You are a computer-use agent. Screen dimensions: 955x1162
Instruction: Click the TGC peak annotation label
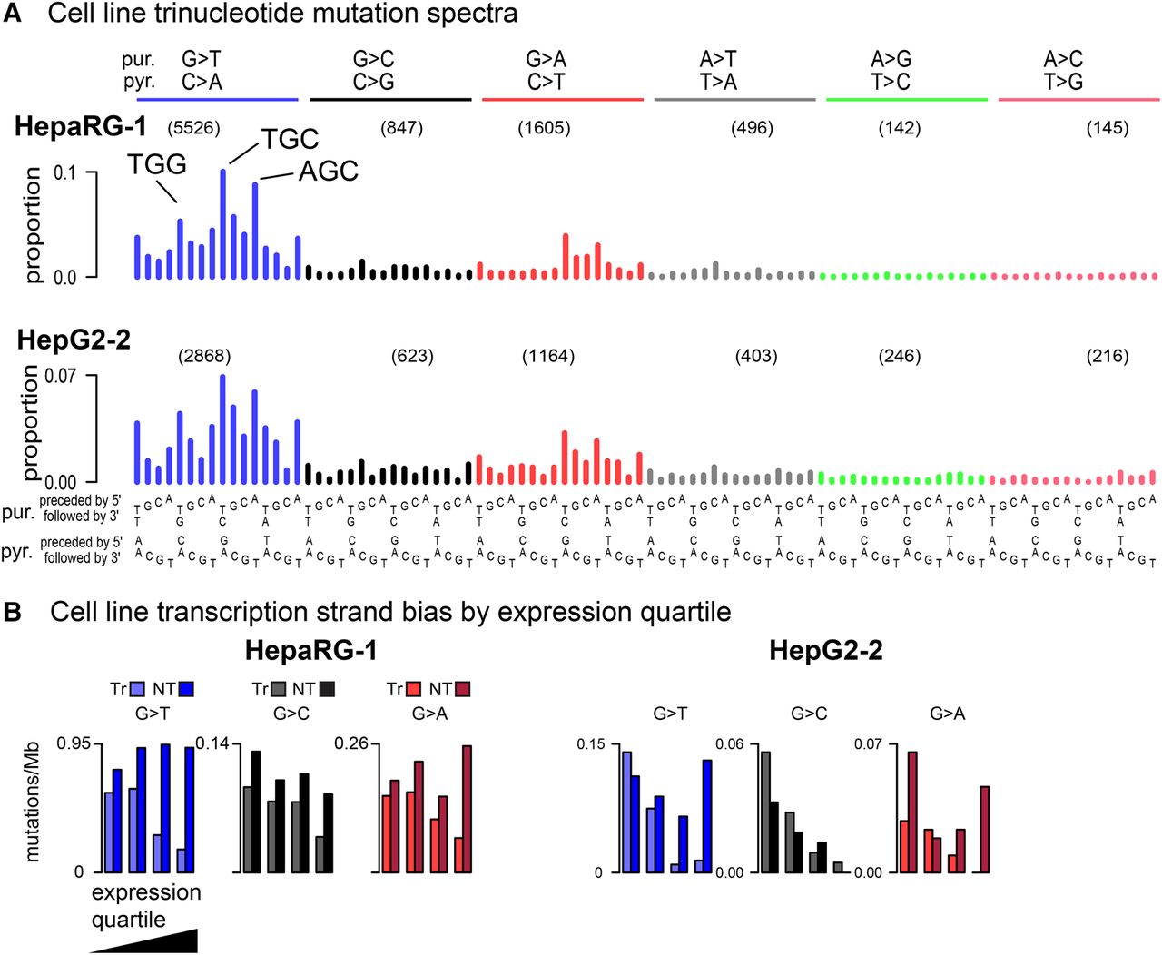[x=290, y=139]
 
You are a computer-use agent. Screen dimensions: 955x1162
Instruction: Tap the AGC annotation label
[x=328, y=171]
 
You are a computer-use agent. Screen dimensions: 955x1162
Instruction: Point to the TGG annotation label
[x=157, y=164]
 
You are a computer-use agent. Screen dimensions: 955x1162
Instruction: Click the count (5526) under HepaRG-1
[x=193, y=128]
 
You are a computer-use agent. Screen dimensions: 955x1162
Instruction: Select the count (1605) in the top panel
[x=544, y=128]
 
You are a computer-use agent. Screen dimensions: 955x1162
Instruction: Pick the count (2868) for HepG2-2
[x=204, y=356]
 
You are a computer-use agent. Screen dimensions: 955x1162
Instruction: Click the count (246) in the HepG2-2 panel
[x=900, y=356]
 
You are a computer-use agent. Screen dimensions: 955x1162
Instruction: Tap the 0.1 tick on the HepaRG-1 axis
[x=65, y=172]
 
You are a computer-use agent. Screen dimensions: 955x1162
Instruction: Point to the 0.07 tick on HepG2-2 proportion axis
[x=60, y=375]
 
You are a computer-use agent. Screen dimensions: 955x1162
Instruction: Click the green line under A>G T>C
[x=906, y=99]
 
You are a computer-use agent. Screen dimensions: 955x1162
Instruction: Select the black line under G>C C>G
[x=390, y=99]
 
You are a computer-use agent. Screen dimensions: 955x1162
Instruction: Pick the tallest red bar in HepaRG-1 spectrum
[x=566, y=256]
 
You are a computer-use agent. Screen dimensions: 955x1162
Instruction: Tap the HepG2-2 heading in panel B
[x=825, y=650]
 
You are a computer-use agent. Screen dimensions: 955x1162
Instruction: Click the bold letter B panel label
[x=13, y=612]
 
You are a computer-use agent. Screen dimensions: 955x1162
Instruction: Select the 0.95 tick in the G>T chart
[x=74, y=743]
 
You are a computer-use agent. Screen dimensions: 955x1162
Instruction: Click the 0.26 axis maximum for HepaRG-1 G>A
[x=351, y=743]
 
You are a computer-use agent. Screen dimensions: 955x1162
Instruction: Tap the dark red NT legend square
[x=463, y=689]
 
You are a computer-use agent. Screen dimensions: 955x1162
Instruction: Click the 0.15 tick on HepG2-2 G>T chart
[x=590, y=744]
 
